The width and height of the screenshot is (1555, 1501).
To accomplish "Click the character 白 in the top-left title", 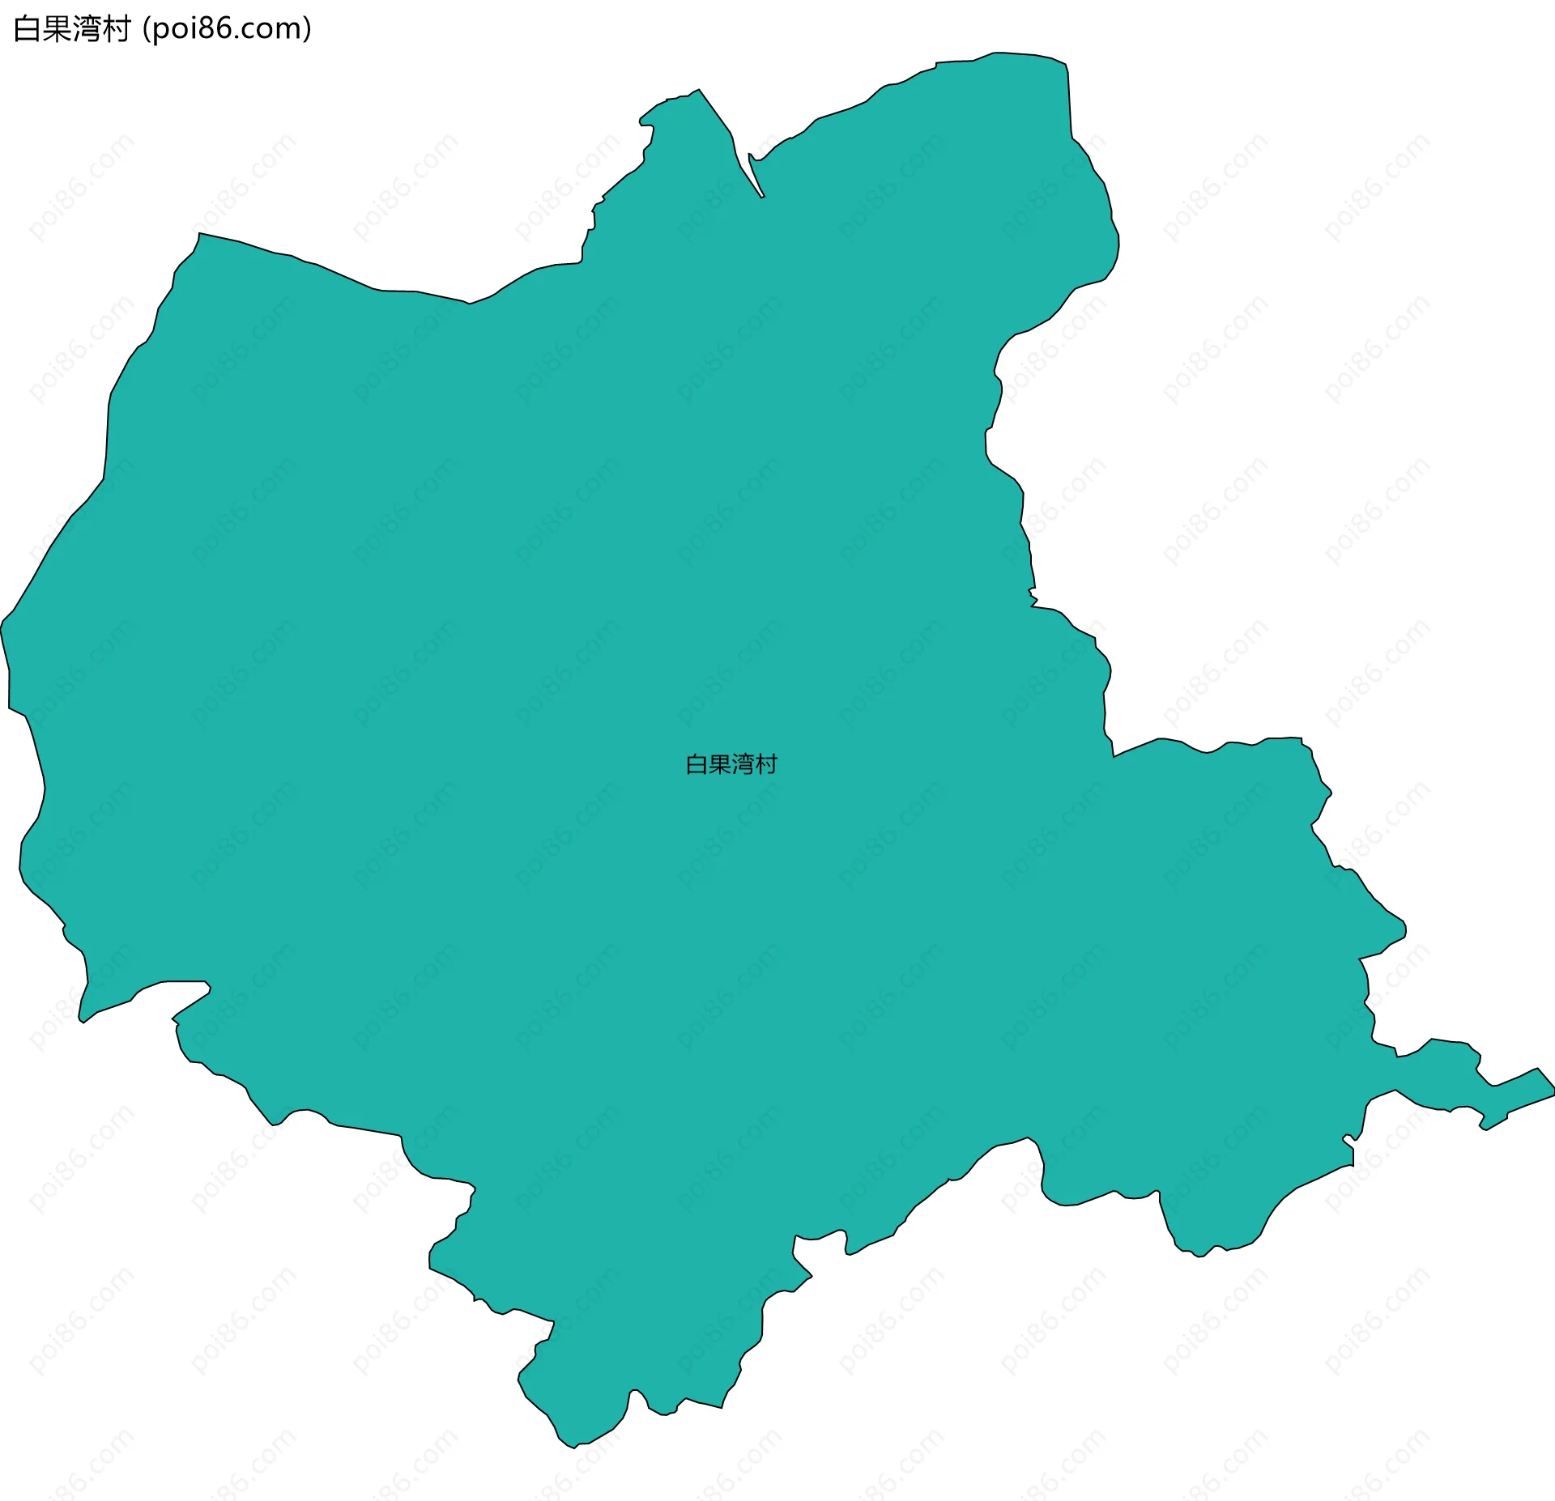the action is pyautogui.click(x=28, y=29).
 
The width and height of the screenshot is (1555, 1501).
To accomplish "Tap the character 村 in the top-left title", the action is pyautogui.click(x=117, y=29).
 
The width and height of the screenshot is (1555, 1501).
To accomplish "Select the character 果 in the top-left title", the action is pyautogui.click(x=57, y=29).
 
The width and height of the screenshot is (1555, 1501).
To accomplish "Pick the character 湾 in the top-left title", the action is pyautogui.click(x=87, y=29).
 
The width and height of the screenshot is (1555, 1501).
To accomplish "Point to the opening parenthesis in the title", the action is pyautogui.click(x=146, y=30).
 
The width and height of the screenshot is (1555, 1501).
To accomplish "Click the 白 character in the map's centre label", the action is pyautogui.click(x=697, y=764).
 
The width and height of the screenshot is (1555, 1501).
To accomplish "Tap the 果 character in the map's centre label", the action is pyautogui.click(x=720, y=764).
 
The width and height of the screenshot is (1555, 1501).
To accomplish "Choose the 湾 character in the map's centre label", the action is pyautogui.click(x=743, y=764).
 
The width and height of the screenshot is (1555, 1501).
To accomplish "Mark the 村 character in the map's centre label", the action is pyautogui.click(x=766, y=764).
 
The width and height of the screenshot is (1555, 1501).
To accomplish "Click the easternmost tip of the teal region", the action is pyautogui.click(x=1553, y=1094).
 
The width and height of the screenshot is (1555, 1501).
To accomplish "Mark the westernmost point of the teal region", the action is pyautogui.click(x=2, y=627).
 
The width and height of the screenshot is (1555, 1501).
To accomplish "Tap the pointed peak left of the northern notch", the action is pyautogui.click(x=698, y=91).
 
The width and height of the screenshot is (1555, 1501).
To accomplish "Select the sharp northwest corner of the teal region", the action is pyautogui.click(x=199, y=234).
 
